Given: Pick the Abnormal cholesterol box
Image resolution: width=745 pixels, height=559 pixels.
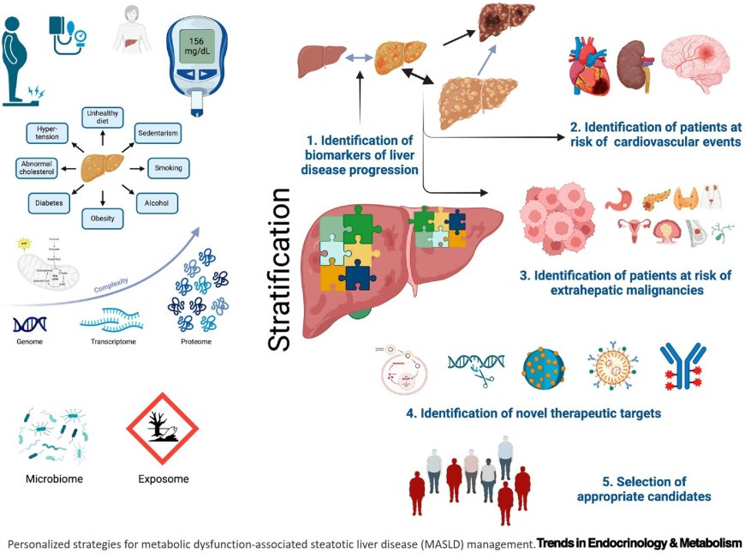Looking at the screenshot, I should click(x=36, y=168).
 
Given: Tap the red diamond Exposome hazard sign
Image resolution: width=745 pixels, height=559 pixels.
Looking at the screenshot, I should click(x=161, y=430).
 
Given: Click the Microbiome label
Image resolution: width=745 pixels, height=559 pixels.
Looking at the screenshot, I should click(x=55, y=479).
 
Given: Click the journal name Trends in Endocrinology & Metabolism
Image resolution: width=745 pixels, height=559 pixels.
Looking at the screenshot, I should click(x=639, y=543).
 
